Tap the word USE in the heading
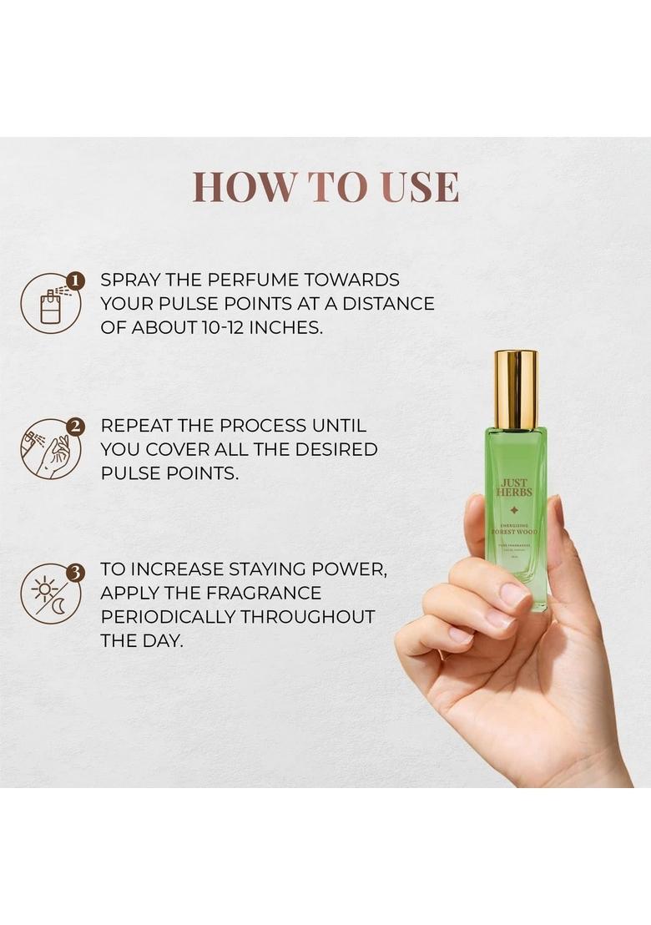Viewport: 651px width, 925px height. point(420,187)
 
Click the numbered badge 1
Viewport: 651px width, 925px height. point(75,281)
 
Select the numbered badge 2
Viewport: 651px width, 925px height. point(75,427)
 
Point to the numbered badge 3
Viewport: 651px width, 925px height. point(75,573)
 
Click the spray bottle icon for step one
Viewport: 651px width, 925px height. point(50,306)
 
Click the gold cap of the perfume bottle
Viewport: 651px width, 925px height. point(515,389)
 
